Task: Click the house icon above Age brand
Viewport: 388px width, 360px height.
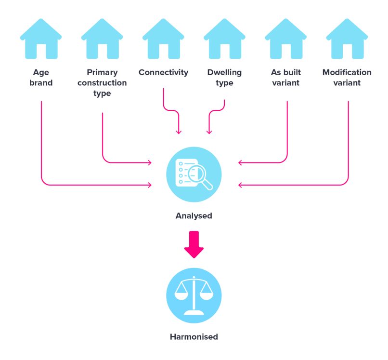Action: click(41, 40)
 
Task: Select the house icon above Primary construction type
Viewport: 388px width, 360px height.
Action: click(102, 40)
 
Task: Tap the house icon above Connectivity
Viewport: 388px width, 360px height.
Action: click(163, 40)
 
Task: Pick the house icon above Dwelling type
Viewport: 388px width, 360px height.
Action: click(224, 40)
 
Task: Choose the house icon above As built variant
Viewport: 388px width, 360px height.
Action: click(285, 40)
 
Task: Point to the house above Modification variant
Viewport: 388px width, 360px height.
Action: click(347, 40)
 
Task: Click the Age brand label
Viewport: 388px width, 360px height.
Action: click(41, 78)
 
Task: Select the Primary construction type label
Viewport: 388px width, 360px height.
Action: click(102, 83)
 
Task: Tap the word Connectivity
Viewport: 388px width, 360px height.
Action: click(163, 72)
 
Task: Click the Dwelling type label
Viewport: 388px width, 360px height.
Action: click(224, 78)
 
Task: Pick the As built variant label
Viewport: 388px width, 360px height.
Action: click(285, 78)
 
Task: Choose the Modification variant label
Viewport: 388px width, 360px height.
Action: click(347, 78)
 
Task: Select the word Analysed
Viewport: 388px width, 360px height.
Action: click(194, 216)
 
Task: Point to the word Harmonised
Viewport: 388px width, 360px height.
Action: click(194, 337)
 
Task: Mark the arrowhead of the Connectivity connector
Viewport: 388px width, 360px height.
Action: click(179, 132)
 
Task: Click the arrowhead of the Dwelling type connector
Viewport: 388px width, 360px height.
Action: click(209, 132)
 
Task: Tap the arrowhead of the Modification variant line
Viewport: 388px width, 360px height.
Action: click(240, 185)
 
